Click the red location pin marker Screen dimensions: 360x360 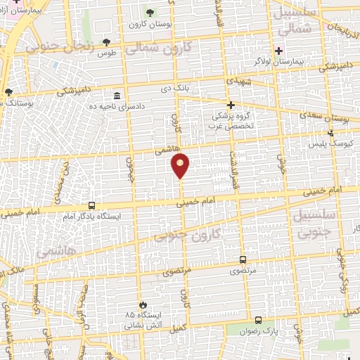(181, 166)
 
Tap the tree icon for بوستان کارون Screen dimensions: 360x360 (150, 12)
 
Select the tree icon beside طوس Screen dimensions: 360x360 (106, 42)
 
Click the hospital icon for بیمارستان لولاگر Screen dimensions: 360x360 (279, 51)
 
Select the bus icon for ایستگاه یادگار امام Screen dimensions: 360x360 (91, 205)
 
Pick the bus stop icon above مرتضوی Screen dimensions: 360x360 (243, 259)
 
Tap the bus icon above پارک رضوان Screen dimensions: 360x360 (258, 320)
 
